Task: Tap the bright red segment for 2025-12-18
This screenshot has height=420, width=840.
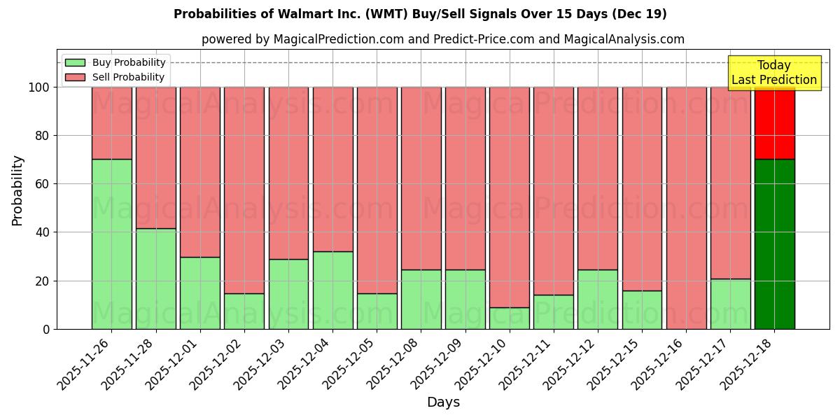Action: (x=774, y=123)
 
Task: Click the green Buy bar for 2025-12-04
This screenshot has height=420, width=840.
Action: (x=332, y=290)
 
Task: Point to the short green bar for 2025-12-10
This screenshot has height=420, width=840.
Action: (x=510, y=318)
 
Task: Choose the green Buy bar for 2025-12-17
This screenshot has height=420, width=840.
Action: (x=730, y=304)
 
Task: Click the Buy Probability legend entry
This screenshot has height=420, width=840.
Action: (x=115, y=62)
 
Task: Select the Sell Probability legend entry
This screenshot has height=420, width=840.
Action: (x=115, y=77)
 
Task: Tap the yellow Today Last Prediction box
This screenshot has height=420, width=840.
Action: (x=774, y=73)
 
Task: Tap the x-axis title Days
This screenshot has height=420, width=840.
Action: (x=443, y=402)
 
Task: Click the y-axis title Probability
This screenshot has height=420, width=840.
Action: (x=17, y=190)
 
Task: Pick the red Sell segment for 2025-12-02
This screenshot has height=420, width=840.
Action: (x=244, y=190)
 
